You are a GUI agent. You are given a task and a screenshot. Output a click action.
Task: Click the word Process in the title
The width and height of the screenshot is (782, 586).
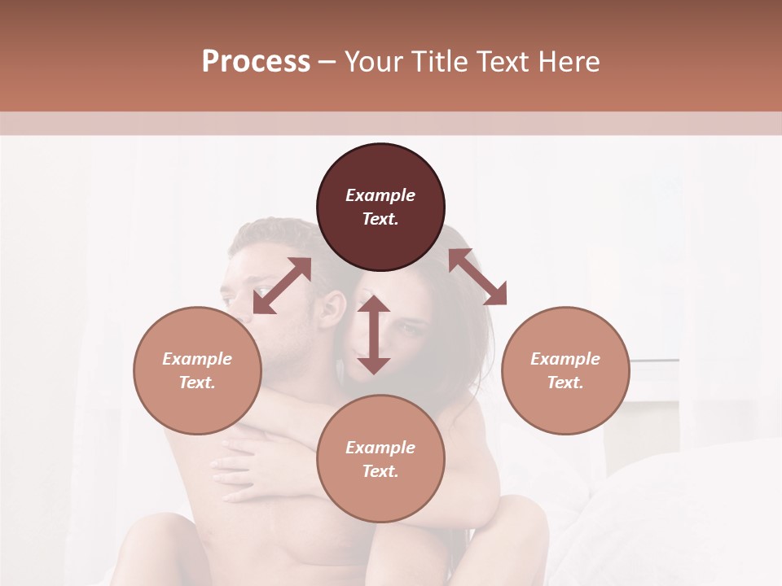coord(256,62)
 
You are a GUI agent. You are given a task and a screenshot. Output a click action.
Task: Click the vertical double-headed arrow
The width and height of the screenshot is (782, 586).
coord(374,335)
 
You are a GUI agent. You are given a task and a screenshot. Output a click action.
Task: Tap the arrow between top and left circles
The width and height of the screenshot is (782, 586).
coord(282,286)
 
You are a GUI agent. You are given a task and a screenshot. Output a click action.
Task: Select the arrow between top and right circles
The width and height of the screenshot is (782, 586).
coord(477,277)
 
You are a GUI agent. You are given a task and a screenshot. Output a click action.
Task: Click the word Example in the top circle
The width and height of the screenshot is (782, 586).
coord(380,195)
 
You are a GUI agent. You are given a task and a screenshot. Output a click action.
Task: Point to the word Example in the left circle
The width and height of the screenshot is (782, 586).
coord(197,359)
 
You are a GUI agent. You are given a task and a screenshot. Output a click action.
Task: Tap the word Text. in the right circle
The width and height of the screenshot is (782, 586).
coord(565,383)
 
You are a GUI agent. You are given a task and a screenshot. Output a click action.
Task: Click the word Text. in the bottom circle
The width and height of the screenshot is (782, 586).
coord(380,471)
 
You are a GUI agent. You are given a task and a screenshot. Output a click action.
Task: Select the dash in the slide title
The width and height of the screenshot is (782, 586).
coord(327,62)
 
